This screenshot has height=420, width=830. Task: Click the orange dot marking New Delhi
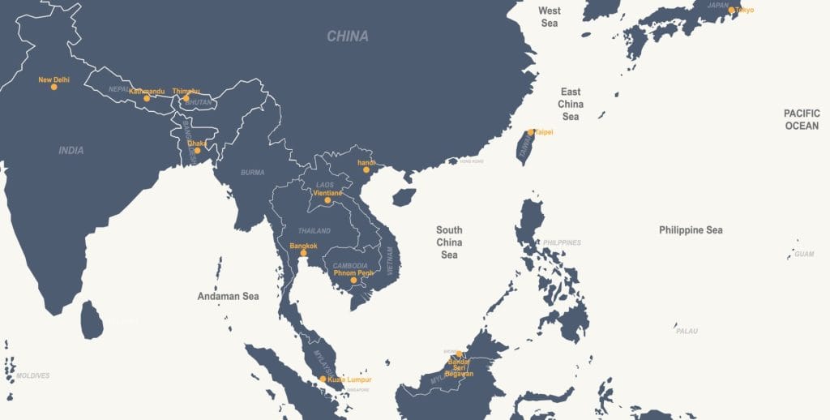pos(54,87)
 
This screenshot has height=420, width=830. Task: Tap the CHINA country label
pos(348,36)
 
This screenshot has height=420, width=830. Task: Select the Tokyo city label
pos(745,10)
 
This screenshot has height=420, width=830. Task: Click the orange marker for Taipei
pos(531,132)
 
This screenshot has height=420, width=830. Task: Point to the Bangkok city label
pos(303,245)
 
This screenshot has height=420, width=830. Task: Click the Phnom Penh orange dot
pos(353,281)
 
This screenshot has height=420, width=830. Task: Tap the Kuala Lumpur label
pos(350,379)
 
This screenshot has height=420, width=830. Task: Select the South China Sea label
pos(449,242)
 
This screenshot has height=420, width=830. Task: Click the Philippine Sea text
pos(691,230)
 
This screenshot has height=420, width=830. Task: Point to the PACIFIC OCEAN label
pos(801,119)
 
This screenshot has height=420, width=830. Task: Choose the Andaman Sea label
pos(228,296)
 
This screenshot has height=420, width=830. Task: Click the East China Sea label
pos(571,105)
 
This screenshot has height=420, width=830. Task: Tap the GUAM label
pos(803,254)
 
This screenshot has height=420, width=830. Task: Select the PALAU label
pos(687,331)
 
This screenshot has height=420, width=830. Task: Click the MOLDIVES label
pos(32,375)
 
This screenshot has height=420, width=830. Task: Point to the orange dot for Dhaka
pos(197,150)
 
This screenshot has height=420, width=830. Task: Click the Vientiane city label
pos(328,193)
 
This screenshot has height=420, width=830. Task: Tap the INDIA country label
pos(71,150)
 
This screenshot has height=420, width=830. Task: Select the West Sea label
pos(550,17)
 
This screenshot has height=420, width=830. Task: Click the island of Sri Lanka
pos(92,320)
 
